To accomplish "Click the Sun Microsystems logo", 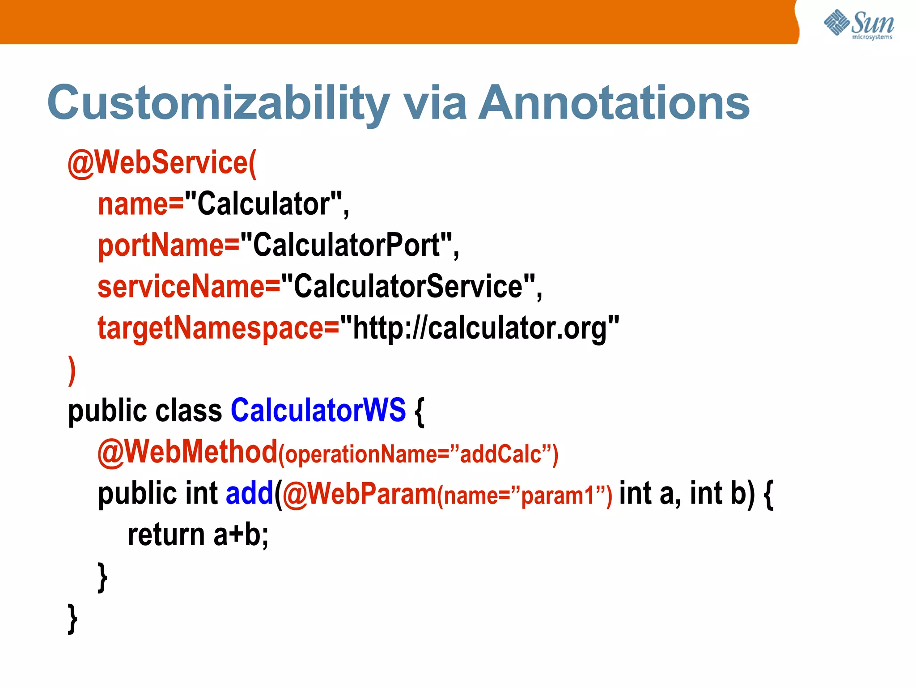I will point(859,24).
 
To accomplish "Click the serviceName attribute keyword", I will point(181,287).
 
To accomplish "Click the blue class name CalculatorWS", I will point(318,410).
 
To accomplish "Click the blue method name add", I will point(249,493).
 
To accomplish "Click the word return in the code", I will point(166,535).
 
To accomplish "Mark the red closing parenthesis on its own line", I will point(72,370).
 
